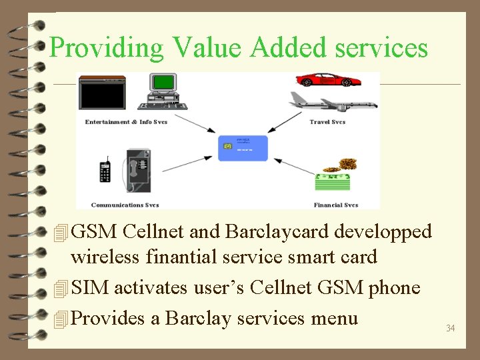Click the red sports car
329,80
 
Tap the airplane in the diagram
333,102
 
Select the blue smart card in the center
243,148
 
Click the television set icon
102,93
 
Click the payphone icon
139,171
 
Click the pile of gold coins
347,164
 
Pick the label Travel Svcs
327,122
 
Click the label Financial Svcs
336,205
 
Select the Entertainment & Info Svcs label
126,122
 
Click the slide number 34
450,328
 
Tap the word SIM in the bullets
90,288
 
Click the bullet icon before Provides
61,319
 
